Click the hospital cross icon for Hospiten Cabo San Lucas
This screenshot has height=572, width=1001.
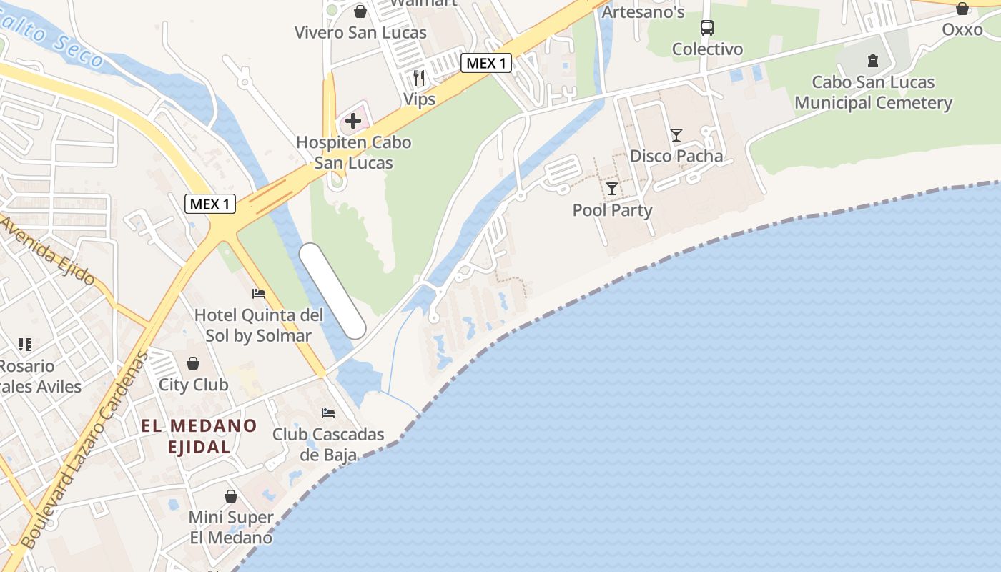tap(352, 120)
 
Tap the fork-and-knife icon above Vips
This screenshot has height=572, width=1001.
tap(419, 77)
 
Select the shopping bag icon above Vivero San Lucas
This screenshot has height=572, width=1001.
tap(360, 11)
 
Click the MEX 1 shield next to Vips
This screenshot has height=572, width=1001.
tap(485, 63)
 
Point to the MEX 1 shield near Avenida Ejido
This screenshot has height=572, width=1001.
tap(209, 204)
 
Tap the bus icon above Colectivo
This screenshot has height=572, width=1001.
tap(706, 28)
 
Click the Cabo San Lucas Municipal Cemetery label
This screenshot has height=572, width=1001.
tap(873, 92)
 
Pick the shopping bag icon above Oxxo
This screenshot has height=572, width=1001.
tap(962, 9)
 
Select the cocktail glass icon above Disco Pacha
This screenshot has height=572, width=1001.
tap(676, 134)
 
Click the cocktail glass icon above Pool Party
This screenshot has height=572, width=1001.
tap(612, 189)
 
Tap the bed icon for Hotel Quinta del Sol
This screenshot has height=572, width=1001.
tap(259, 293)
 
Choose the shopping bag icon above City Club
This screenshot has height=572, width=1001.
tap(193, 363)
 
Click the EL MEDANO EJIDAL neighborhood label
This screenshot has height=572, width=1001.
tap(199, 436)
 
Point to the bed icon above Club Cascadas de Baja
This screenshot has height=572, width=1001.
tap(328, 413)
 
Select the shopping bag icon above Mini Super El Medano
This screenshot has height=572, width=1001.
tap(231, 495)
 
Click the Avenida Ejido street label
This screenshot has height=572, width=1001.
tap(49, 252)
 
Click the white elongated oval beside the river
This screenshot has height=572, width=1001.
tap(332, 290)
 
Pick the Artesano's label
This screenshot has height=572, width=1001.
tap(643, 11)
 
